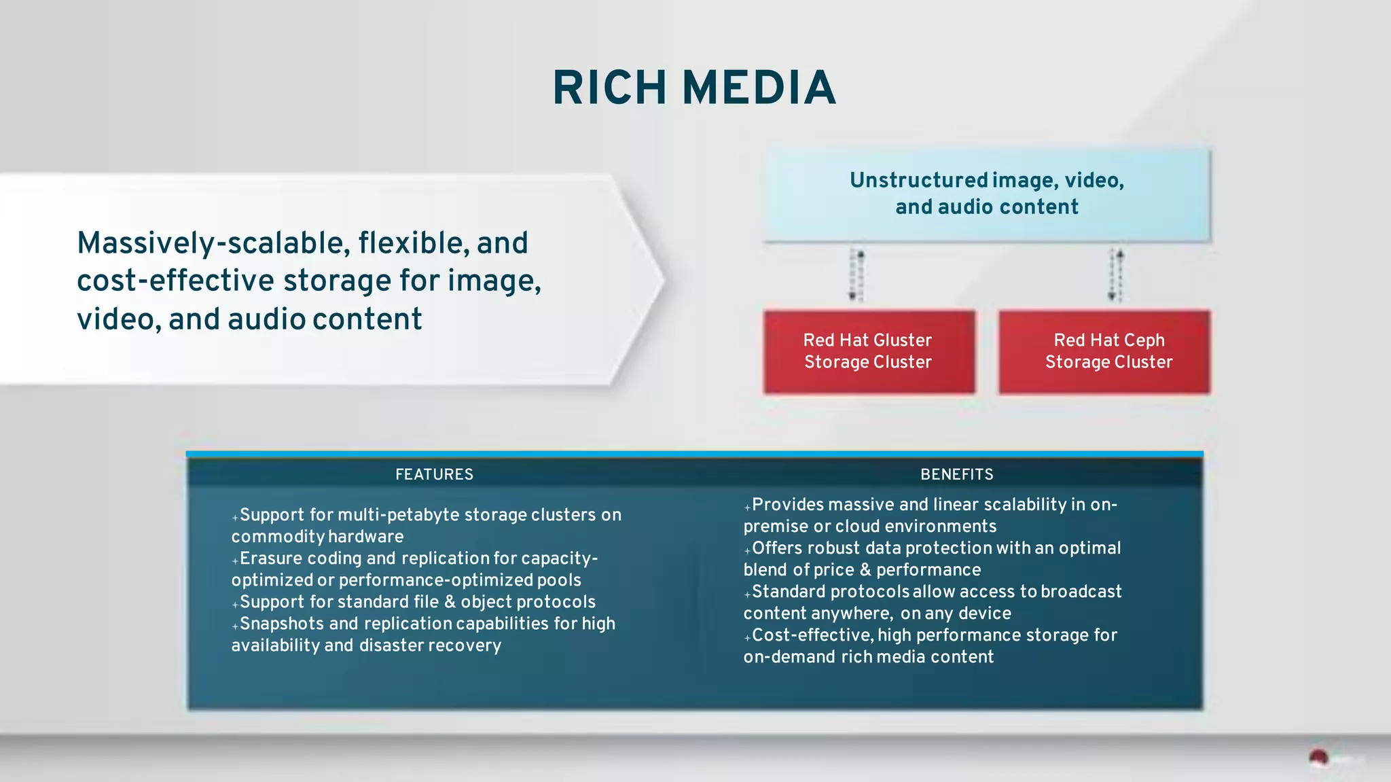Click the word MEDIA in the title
pos(759,88)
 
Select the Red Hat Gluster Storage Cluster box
pos(868,351)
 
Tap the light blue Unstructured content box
pos(986,194)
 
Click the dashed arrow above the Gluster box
pos(856,275)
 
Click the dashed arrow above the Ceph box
pos(1116,275)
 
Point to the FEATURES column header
pos(434,474)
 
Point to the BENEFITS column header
pos(956,474)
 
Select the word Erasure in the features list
pos(270,558)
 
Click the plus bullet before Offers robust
pos(747,550)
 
